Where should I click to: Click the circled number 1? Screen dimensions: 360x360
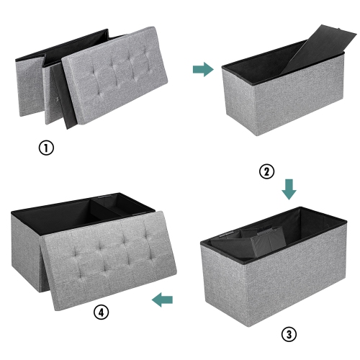45,148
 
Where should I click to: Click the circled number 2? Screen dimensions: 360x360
267,171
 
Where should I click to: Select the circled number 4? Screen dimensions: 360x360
100,313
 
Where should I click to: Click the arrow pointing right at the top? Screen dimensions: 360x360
203,69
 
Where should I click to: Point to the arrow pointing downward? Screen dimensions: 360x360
289,189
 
